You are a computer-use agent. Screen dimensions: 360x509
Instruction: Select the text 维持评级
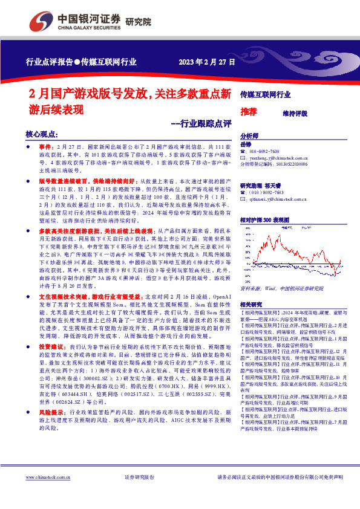pyautogui.click(x=295, y=113)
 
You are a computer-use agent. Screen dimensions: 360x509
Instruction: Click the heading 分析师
pyautogui.click(x=249, y=137)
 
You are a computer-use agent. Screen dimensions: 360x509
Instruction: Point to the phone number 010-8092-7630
pyautogui.click(x=264, y=151)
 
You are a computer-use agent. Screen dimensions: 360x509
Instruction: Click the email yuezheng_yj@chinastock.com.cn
pyautogui.click(x=278, y=157)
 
